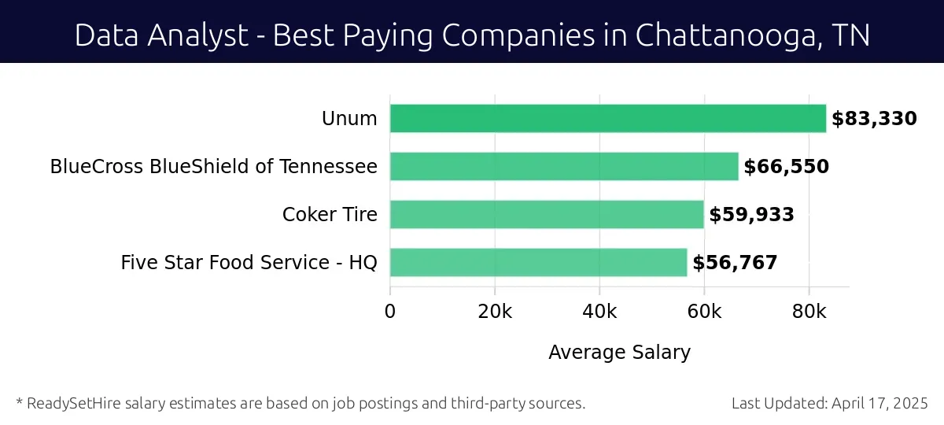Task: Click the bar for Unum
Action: pyautogui.click(x=608, y=119)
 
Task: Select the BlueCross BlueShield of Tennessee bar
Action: pyautogui.click(x=564, y=167)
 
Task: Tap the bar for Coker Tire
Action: pyautogui.click(x=547, y=215)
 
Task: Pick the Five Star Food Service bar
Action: pyautogui.click(x=538, y=262)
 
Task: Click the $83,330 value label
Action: pyautogui.click(x=874, y=119)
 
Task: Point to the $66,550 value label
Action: pyautogui.click(x=786, y=167)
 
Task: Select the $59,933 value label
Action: pyautogui.click(x=751, y=215)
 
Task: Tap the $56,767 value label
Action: pyautogui.click(x=735, y=263)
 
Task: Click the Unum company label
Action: pyautogui.click(x=349, y=120)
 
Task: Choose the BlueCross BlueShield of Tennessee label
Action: pyautogui.click(x=213, y=167)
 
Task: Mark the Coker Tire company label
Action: pyautogui.click(x=330, y=215)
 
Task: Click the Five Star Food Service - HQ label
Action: pyautogui.click(x=249, y=263)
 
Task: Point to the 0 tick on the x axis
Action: pyautogui.click(x=390, y=311)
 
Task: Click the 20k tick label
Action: pyautogui.click(x=495, y=311)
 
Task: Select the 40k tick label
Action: pyautogui.click(x=599, y=311)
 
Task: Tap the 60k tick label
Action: pyautogui.click(x=704, y=311)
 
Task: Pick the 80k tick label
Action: pyautogui.click(x=809, y=311)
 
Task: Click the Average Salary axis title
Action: pyautogui.click(x=619, y=353)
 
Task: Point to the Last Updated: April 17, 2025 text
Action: pyautogui.click(x=829, y=403)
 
